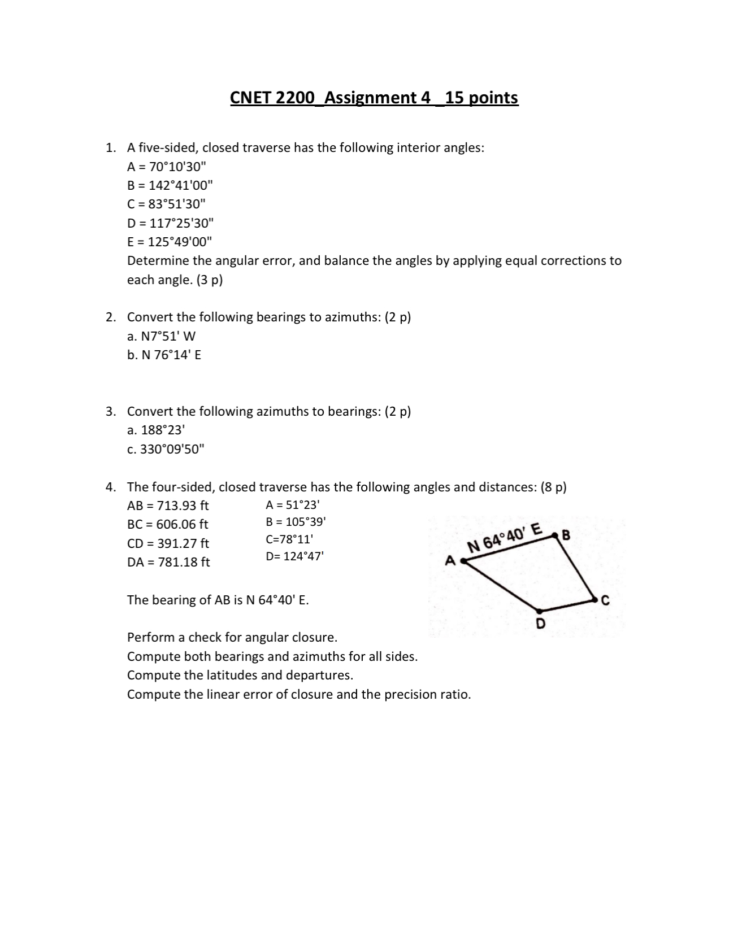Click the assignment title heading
[x=374, y=98]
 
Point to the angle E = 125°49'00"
[x=169, y=242]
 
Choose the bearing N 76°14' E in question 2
[x=164, y=355]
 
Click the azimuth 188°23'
[x=156, y=430]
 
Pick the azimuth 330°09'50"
[x=166, y=449]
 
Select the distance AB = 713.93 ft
[x=168, y=506]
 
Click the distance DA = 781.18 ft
[x=168, y=562]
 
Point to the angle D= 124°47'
[x=294, y=556]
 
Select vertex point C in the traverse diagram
[x=595, y=599]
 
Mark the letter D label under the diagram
[x=540, y=624]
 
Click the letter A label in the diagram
[x=450, y=561]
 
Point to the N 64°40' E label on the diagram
[x=505, y=539]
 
